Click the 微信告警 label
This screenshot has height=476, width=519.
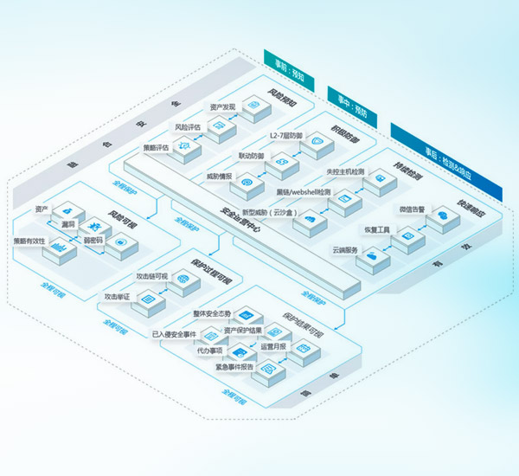(414, 209)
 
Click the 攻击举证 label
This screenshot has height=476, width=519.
(117, 297)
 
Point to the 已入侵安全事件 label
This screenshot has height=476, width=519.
(174, 333)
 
